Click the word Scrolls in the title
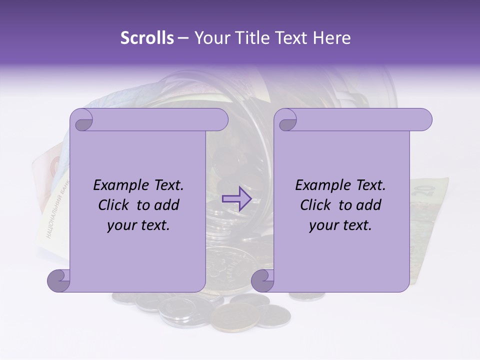[x=147, y=38]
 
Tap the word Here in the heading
[x=332, y=38]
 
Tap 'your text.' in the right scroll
[x=340, y=225]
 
